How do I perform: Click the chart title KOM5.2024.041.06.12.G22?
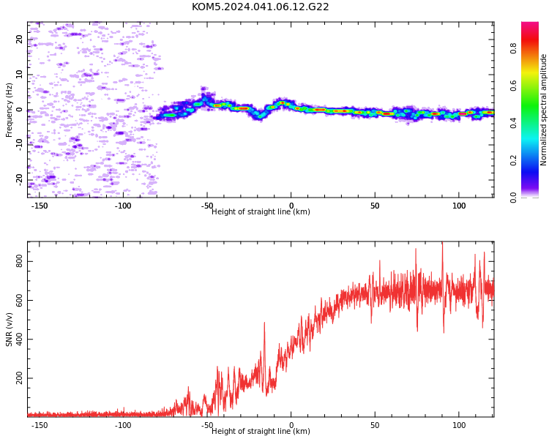click(x=260, y=7)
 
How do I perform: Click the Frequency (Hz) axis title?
click(x=9, y=110)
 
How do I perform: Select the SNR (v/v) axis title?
click(x=9, y=329)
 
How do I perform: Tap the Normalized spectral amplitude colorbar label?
click(x=543, y=110)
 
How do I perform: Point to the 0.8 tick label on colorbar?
click(x=514, y=48)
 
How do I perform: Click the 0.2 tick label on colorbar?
click(x=514, y=160)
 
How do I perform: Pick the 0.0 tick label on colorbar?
click(x=514, y=198)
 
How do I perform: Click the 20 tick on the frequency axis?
click(x=19, y=40)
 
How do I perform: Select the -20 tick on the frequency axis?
click(x=19, y=179)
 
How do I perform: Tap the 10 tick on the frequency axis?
click(x=19, y=74)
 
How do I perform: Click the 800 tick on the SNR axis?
click(x=19, y=261)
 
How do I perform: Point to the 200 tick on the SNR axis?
click(x=19, y=378)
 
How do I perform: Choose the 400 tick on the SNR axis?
click(x=19, y=339)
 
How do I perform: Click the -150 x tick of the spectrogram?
click(x=40, y=206)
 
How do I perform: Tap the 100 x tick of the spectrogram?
click(x=459, y=206)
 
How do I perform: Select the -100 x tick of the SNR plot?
click(x=123, y=425)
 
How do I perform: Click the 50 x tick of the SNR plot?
click(x=375, y=425)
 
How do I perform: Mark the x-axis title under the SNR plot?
click(x=261, y=431)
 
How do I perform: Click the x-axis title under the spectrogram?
click(x=261, y=211)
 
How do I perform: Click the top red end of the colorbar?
click(x=530, y=23)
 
